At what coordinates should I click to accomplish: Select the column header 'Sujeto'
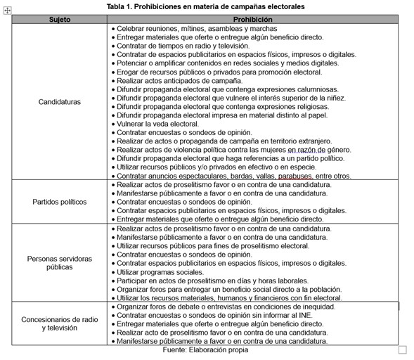click(x=60, y=20)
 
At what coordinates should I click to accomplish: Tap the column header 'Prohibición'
click(x=253, y=20)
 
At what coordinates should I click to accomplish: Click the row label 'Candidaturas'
click(x=60, y=102)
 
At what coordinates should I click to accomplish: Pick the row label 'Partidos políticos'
click(x=60, y=202)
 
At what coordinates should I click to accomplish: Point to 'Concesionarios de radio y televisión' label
click(x=60, y=323)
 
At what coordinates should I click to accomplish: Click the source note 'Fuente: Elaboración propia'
click(x=205, y=349)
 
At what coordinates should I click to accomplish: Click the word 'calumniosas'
click(x=316, y=89)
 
